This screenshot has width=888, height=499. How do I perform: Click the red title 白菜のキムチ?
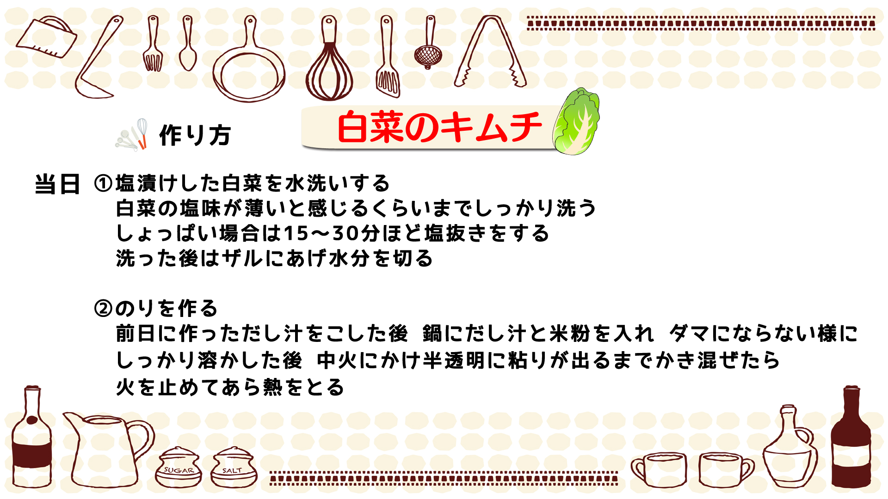point(439,127)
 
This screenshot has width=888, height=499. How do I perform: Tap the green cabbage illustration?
point(576,122)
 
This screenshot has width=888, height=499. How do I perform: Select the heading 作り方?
point(195,135)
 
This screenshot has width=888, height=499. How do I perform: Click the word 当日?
point(58,184)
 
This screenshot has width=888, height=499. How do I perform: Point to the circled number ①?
point(103,183)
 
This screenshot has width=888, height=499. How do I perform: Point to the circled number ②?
point(103,308)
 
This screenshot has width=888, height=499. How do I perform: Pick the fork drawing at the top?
point(153,44)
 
